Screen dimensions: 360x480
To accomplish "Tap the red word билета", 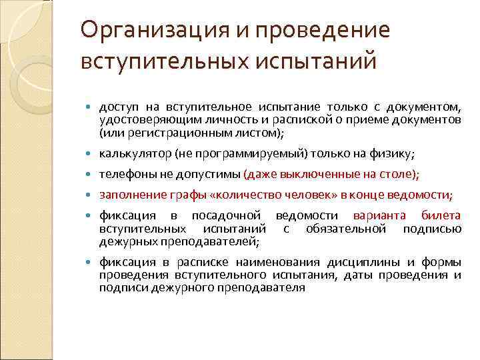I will tap(441, 216).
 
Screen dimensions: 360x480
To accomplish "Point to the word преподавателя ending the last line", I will tap(264, 287).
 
